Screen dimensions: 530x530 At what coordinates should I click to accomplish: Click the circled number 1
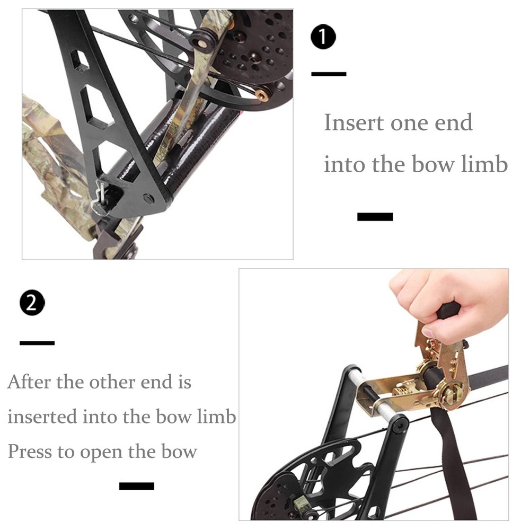[323, 38]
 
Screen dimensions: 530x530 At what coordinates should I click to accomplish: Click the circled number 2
[32, 303]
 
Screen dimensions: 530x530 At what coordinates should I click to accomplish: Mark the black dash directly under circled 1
[329, 74]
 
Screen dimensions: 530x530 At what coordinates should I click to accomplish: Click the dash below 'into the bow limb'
[375, 216]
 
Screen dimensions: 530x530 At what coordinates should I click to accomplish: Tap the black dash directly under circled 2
[37, 343]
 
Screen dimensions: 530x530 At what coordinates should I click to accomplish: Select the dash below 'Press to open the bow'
[136, 486]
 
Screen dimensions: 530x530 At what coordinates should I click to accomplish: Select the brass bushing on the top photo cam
[262, 95]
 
